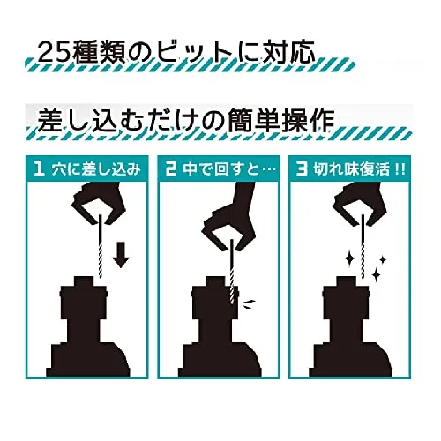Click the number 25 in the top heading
click(54, 53)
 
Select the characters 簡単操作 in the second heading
click(280, 120)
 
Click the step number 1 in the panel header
click(39, 169)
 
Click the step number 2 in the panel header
click(170, 169)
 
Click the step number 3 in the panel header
click(302, 169)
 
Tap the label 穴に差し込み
click(96, 169)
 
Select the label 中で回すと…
click(229, 169)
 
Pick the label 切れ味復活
click(351, 169)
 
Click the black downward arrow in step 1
click(121, 255)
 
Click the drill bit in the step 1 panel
click(100, 246)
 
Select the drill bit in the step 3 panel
click(363, 246)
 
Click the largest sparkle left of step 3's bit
click(350, 259)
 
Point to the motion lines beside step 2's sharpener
click(249, 303)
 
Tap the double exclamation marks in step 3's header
click(399, 169)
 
